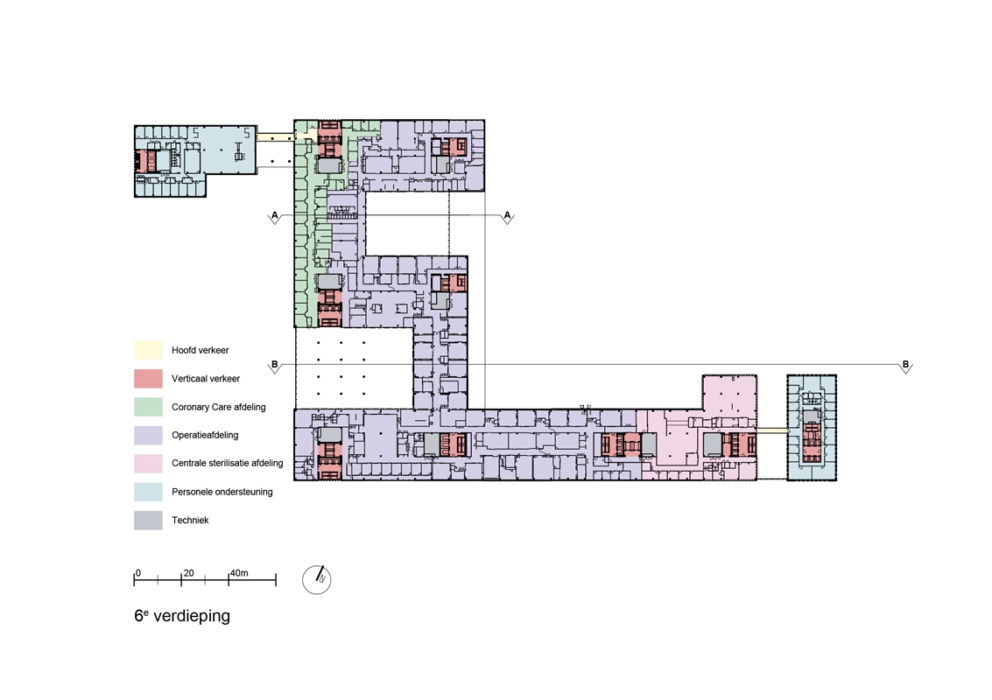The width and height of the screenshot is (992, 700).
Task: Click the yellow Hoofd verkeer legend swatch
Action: tap(148, 350)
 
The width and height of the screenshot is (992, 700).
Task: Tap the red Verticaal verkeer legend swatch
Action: tap(148, 379)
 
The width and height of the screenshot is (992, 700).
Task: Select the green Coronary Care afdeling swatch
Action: tap(148, 407)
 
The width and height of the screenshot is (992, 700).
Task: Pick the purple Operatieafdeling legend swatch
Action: tap(148, 435)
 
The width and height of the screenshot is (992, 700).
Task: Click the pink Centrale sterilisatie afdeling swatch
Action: tap(148, 464)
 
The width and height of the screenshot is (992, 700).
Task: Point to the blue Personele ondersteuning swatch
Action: tap(148, 492)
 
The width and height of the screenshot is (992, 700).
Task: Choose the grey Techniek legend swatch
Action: tap(148, 521)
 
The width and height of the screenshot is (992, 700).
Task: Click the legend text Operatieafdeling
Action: tap(205, 435)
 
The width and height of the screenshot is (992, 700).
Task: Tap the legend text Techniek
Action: tap(190, 521)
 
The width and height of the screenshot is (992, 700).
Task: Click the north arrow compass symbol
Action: tap(317, 579)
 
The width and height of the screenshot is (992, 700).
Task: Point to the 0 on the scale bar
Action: tap(138, 573)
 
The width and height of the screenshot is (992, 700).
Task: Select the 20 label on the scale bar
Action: tap(188, 573)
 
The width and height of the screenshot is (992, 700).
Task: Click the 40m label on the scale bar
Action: tap(239, 573)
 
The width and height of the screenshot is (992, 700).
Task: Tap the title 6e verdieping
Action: tap(182, 616)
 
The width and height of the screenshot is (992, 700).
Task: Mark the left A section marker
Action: tap(275, 217)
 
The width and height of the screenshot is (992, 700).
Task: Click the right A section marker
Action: tap(508, 217)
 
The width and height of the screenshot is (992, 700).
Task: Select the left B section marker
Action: tap(275, 366)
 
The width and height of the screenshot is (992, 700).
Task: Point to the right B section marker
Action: tap(906, 366)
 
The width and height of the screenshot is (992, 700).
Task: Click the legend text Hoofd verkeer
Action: tap(200, 350)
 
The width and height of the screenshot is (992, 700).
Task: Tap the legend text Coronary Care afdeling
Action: tap(218, 407)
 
